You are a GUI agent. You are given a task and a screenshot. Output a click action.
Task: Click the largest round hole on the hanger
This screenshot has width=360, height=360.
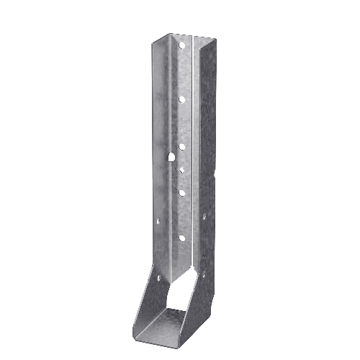pos(174,156)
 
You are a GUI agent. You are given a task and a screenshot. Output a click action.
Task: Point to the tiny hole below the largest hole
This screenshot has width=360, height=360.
pos(182,171)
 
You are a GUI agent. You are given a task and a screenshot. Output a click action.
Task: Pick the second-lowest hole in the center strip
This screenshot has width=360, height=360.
pos(181,192)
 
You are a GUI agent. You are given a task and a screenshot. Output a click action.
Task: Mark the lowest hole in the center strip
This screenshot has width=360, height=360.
pos(181,238)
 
